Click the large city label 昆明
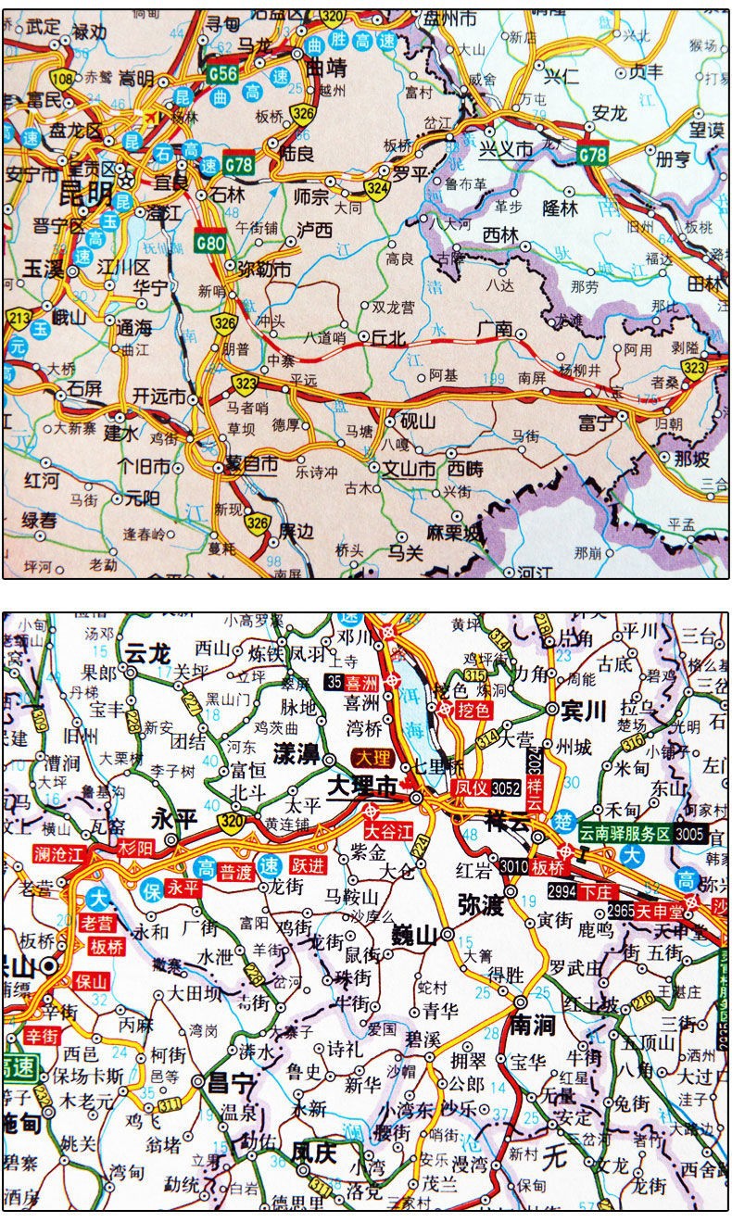pyautogui.click(x=85, y=195)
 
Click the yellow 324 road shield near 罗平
pyautogui.click(x=376, y=189)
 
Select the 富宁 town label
pyautogui.click(x=596, y=423)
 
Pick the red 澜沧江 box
pyautogui.click(x=57, y=852)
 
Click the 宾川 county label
pyautogui.click(x=583, y=710)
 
